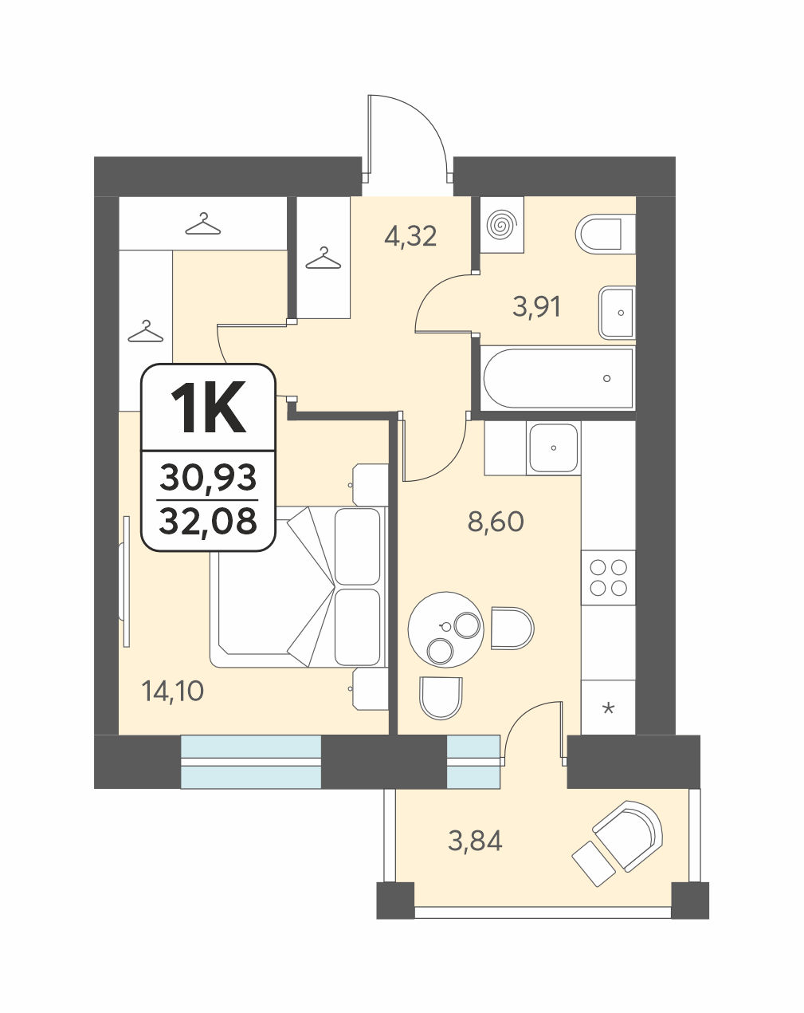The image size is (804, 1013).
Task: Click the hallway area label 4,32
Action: [x=410, y=236]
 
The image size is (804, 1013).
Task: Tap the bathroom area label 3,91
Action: [x=536, y=307]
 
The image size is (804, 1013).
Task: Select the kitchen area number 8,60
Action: [x=496, y=522]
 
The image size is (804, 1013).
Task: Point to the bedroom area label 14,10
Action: [x=173, y=692]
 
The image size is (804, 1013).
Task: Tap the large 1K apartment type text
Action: [x=208, y=407]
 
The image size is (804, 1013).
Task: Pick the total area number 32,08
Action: [x=208, y=521]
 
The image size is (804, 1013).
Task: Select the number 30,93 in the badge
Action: [x=208, y=477]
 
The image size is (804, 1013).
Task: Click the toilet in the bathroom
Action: [x=605, y=234]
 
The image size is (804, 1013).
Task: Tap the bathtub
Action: [x=558, y=378]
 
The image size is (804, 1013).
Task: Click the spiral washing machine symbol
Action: [x=502, y=225]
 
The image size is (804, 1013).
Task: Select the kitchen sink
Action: [x=553, y=448]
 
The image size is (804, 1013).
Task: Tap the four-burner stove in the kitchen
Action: [x=609, y=578]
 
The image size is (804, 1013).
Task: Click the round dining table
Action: [x=445, y=629]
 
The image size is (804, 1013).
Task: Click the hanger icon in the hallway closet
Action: [x=323, y=258]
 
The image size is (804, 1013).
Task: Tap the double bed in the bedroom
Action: [x=298, y=586]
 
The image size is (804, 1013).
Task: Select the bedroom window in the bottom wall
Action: [x=251, y=762]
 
